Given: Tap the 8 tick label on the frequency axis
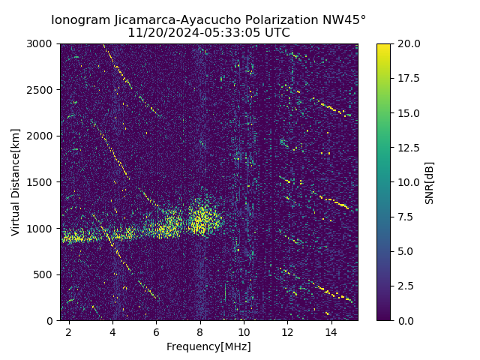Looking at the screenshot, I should pos(200,332).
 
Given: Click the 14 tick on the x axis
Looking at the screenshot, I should pos(331,332).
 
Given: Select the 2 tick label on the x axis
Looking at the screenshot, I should pos(69,332).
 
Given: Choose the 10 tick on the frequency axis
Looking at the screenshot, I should pos(244,332).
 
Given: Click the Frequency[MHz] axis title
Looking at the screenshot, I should pos(208,346).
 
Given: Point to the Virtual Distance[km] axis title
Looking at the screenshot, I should pos(16,182).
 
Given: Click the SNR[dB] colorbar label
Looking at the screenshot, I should pos(430,182).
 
